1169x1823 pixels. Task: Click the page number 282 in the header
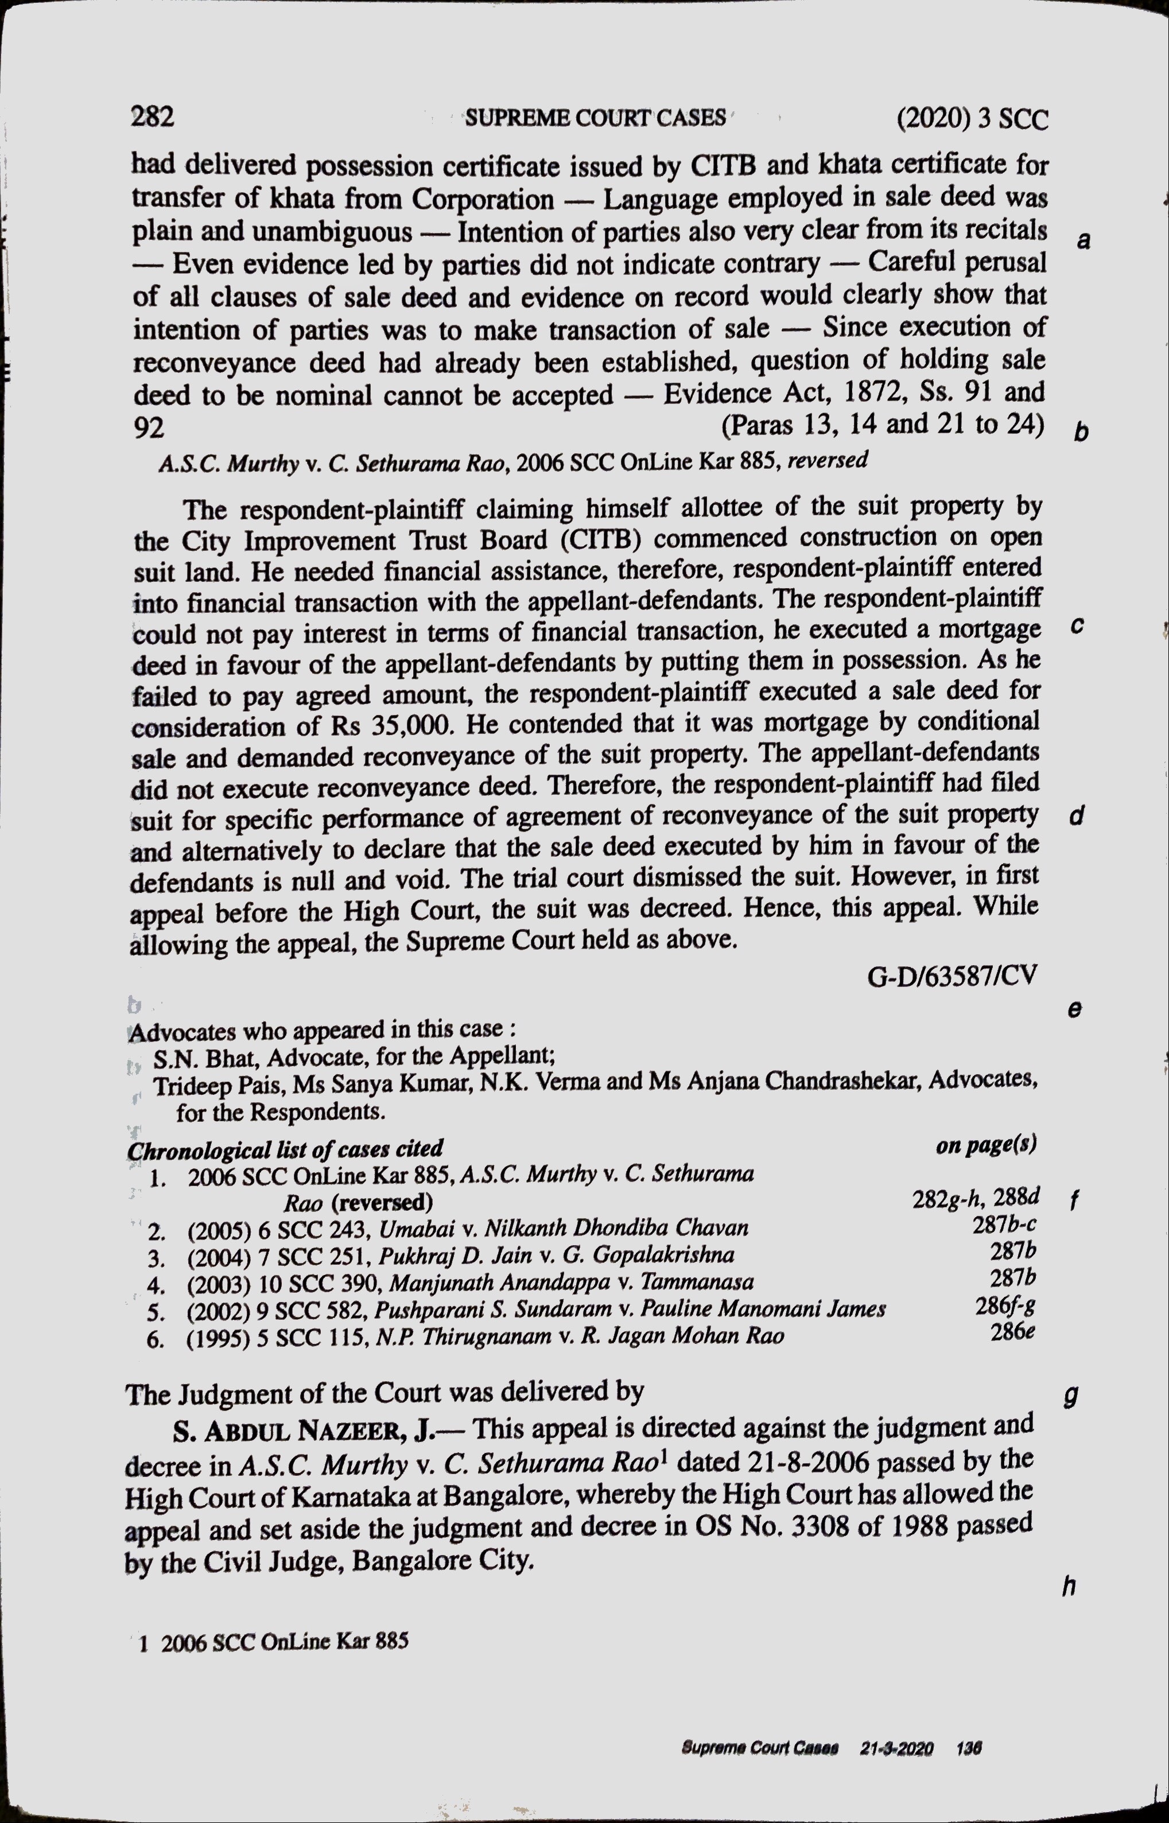tap(153, 116)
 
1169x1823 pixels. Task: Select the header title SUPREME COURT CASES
tap(596, 118)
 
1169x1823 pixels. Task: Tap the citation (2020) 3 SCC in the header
tap(972, 119)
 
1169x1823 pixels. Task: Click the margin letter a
tap(1084, 240)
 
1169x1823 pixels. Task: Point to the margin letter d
tap(1075, 816)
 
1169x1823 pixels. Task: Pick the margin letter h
tap(1069, 1585)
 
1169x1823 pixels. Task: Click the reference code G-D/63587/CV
tap(952, 975)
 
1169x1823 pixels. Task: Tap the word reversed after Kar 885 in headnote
tap(828, 460)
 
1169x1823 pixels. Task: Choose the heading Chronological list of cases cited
tap(285, 1149)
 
